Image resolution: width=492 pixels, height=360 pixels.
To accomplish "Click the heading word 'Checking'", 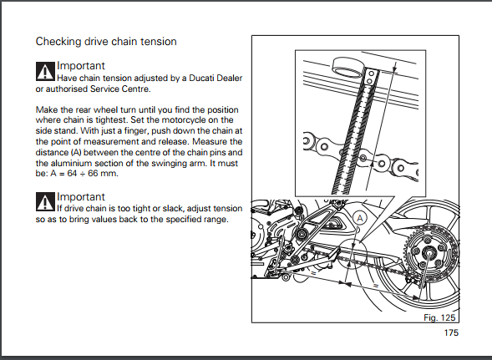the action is tap(58, 42).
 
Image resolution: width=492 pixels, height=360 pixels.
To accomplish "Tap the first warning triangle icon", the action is tap(45, 72).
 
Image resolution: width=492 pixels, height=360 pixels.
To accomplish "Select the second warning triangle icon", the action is tap(45, 202).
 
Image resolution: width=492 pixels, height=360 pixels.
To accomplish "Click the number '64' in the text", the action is tap(72, 174).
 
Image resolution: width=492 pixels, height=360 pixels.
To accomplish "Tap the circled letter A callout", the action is tap(359, 218).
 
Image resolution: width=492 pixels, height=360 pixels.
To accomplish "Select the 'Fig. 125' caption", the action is tap(439, 317).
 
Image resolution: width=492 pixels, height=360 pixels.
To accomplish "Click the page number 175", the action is tap(451, 332).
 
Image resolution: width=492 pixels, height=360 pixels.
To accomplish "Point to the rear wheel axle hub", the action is tap(428, 252).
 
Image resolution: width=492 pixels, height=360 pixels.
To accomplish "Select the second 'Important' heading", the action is tap(81, 197).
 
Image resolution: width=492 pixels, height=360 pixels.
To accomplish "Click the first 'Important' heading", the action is tap(81, 66).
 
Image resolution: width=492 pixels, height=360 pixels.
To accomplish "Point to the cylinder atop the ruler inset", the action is tap(347, 67).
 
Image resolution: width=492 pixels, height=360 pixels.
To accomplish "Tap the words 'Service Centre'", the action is tap(120, 89).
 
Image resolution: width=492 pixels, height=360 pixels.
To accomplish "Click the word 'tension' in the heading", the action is tap(159, 42).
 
